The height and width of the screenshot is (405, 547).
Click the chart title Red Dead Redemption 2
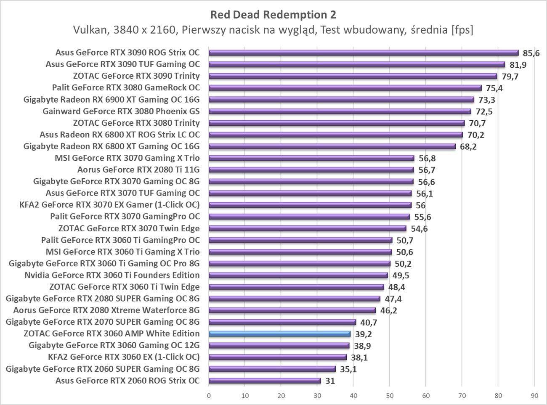click(x=273, y=15)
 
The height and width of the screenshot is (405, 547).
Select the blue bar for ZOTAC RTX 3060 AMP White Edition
click(x=279, y=334)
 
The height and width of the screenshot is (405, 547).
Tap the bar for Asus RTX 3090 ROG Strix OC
click(x=363, y=53)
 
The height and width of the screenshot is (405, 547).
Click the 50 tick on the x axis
click(x=389, y=395)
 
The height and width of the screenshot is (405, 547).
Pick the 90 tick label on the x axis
click(x=534, y=395)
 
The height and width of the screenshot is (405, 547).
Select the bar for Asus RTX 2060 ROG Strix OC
click(x=264, y=381)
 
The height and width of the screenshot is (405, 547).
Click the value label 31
click(x=330, y=381)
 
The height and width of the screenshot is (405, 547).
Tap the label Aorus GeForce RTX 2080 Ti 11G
click(x=138, y=170)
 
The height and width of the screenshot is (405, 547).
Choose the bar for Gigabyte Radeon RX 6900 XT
click(x=341, y=100)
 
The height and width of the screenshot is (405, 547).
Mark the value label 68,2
click(x=468, y=147)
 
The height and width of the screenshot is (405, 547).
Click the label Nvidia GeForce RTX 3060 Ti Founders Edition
click(x=112, y=275)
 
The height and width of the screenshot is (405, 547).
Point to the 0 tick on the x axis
click(x=209, y=395)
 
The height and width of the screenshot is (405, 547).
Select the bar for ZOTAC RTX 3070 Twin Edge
click(x=307, y=228)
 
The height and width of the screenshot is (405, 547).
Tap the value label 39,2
click(x=363, y=334)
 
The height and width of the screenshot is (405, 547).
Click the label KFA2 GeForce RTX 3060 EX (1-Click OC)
click(x=124, y=357)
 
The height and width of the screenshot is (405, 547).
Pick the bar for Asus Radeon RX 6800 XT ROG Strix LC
click(x=335, y=135)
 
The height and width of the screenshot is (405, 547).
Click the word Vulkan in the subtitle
click(x=88, y=30)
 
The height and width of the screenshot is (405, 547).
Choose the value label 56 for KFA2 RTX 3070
click(x=420, y=205)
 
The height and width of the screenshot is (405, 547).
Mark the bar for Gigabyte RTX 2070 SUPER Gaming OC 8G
click(x=282, y=322)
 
